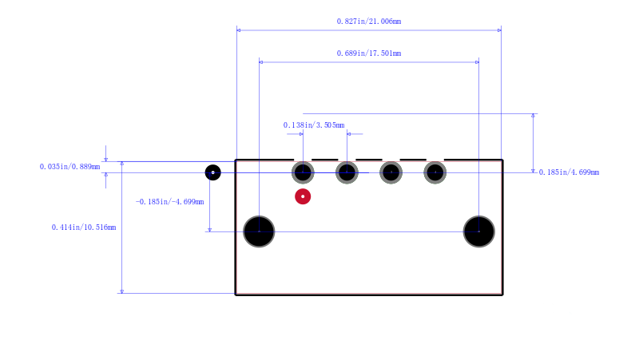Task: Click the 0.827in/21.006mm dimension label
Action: click(369, 22)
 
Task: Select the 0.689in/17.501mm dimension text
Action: click(369, 53)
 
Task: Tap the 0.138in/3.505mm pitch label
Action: click(314, 125)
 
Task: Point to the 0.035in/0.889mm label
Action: click(69, 167)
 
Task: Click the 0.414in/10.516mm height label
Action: click(84, 227)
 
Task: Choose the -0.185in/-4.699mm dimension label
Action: click(169, 202)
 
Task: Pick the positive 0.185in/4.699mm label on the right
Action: click(569, 172)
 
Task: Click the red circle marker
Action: click(303, 196)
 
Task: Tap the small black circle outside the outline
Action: click(212, 172)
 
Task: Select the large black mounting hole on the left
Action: click(259, 231)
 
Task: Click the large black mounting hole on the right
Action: click(478, 231)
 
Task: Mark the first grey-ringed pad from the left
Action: click(303, 172)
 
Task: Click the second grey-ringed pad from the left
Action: click(347, 172)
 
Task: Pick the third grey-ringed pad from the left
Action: click(391, 172)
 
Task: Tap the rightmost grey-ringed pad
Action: click(435, 172)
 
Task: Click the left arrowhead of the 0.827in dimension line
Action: click(238, 30)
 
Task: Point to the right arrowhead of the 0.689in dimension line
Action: click(477, 62)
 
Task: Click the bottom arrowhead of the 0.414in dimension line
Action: click(122, 291)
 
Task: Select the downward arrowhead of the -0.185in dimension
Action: click(209, 230)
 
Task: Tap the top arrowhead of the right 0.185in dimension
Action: click(533, 116)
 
